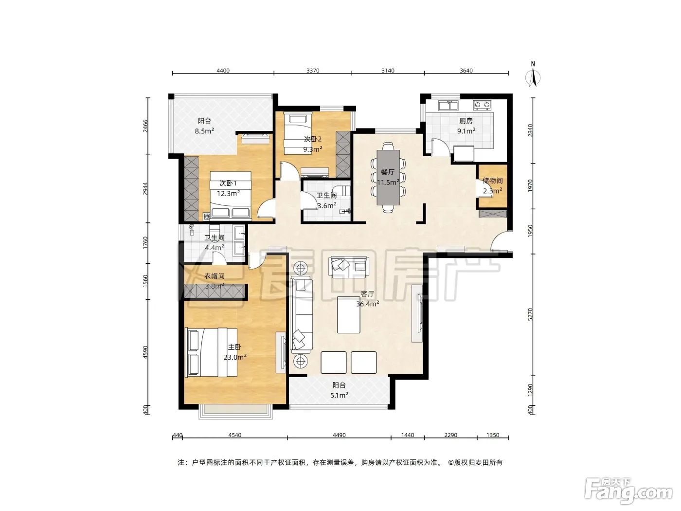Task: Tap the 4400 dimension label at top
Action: pos(223,71)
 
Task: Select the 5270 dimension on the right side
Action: pos(530,314)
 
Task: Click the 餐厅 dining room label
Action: pos(388,172)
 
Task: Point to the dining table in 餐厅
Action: pos(388,178)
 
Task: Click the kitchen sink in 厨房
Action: pos(448,105)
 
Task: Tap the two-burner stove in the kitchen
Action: pos(482,105)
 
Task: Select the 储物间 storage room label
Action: pos(492,180)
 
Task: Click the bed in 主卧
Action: pos(211,352)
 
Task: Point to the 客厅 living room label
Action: pos(367,293)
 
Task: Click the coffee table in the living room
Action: pos(349,314)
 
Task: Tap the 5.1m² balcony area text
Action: pos(339,395)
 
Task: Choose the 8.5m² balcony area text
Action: pos(204,131)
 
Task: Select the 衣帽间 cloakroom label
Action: pos(214,276)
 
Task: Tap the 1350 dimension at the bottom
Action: pos(493,435)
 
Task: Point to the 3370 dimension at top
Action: pos(313,71)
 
